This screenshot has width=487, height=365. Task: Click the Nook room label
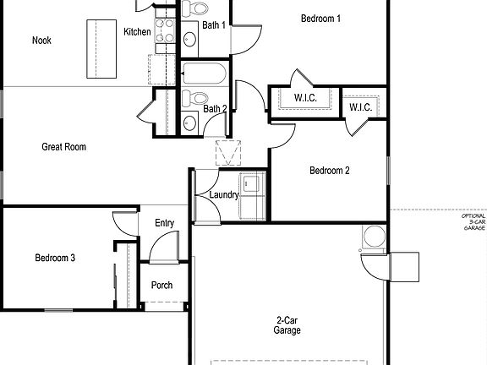42,40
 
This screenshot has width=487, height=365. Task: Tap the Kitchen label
137,32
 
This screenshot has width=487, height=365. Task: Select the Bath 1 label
214,25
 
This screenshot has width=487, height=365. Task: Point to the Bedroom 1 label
321,18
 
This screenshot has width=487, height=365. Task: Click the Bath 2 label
214,108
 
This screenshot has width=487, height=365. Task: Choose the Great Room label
64,147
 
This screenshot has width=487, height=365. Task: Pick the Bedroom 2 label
330,171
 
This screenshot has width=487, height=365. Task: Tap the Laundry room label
224,195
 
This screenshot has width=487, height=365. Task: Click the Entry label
164,223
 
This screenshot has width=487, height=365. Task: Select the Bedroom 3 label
56,258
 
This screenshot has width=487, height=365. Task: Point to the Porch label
161,286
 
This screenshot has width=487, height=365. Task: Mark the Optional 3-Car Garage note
473,222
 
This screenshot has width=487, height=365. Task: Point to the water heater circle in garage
373,237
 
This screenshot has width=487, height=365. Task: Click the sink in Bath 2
189,123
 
